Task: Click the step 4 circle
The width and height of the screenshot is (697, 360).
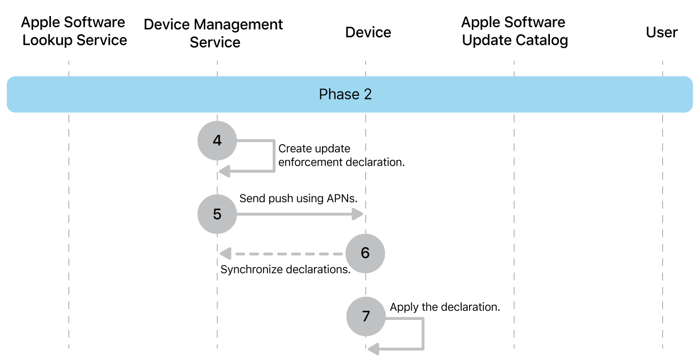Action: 217,141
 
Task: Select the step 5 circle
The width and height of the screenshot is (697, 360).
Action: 217,214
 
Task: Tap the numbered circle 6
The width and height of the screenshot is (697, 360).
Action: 365,253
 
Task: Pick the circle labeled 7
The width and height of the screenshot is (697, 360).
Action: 365,316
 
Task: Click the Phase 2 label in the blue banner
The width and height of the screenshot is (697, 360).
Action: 345,95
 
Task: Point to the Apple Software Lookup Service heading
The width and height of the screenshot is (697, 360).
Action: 74,32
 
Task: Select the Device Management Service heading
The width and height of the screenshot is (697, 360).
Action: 214,33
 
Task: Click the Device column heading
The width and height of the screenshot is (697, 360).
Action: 368,32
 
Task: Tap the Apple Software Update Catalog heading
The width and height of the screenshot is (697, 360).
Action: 514,32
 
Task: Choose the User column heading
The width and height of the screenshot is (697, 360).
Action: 662,32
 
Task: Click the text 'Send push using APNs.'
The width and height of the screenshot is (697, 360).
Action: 298,198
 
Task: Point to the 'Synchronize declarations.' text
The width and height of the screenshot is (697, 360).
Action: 285,270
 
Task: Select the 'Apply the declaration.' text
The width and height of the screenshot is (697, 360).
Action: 445,307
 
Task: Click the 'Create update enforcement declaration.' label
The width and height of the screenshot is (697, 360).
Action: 341,155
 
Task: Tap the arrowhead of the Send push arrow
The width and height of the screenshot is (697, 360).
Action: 358,215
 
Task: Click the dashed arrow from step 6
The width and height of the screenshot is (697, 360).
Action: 284,253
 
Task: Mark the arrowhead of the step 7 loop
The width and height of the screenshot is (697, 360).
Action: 373,349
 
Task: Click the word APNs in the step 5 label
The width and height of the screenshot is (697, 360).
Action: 341,198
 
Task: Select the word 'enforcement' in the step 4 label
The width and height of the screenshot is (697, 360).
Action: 310,162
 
